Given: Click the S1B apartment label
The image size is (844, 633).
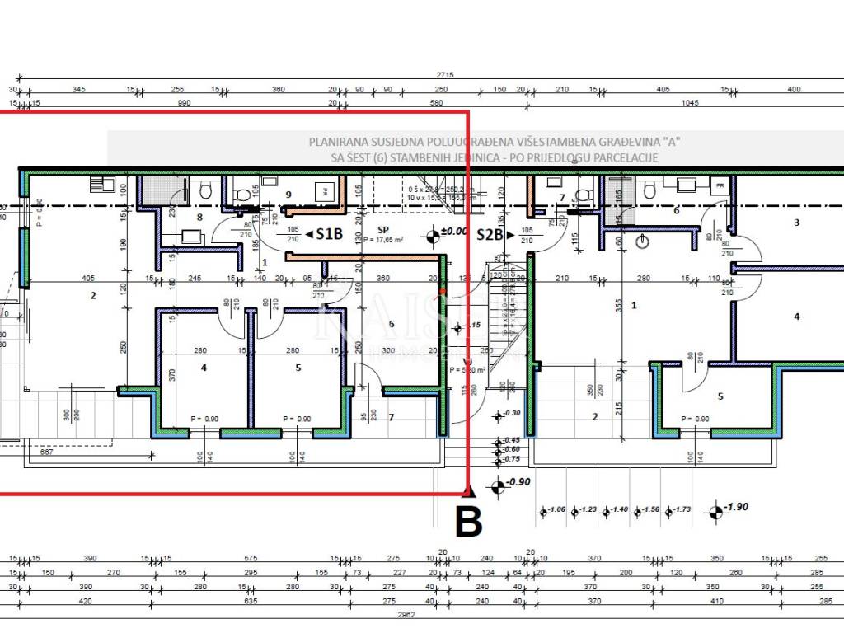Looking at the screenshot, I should pos(328,234).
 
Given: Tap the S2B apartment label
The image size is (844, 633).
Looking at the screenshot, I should pos(490,234).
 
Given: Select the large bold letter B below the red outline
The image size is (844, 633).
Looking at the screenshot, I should pos(468,521).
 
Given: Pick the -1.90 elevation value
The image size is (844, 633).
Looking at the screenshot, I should pos(736,507).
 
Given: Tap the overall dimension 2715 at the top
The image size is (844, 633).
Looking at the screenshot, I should pos(446,75).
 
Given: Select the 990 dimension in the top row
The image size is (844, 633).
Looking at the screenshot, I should pos(184,103).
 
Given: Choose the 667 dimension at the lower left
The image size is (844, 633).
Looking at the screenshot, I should pos(46,451).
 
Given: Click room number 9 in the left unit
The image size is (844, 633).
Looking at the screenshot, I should pos(288,195).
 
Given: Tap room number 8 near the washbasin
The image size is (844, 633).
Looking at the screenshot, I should pos(199,218).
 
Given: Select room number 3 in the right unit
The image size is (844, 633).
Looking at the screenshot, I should pos(796,223).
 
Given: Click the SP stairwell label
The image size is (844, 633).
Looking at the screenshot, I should pos(382,230).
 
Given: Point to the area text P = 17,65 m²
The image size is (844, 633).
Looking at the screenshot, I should pos(382,241).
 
